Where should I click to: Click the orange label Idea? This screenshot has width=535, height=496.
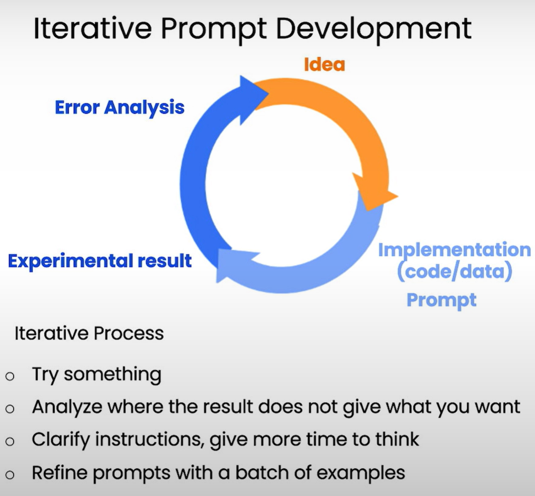pyautogui.click(x=324, y=64)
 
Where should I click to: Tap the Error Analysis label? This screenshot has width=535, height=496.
pyautogui.click(x=120, y=108)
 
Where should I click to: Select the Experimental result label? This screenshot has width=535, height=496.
pyautogui.click(x=100, y=261)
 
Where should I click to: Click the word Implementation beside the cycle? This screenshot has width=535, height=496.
pyautogui.click(x=455, y=250)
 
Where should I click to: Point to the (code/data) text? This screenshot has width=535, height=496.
pyautogui.click(x=455, y=271)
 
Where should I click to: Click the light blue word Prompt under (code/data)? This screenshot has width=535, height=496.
pyautogui.click(x=442, y=300)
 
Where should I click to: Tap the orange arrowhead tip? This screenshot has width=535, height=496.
pyautogui.click(x=398, y=196)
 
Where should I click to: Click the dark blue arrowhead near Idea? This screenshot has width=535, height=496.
pyautogui.click(x=252, y=99)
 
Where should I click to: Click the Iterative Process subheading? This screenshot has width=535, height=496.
pyautogui.click(x=89, y=334)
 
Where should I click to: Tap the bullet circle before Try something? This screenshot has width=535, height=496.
pyautogui.click(x=10, y=376)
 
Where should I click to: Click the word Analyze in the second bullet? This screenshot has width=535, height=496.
pyautogui.click(x=67, y=407)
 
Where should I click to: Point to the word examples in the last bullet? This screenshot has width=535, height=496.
pyautogui.click(x=361, y=473)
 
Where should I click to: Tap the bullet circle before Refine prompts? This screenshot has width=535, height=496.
pyautogui.click(x=10, y=475)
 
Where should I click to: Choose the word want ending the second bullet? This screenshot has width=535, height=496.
pyautogui.click(x=498, y=407)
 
